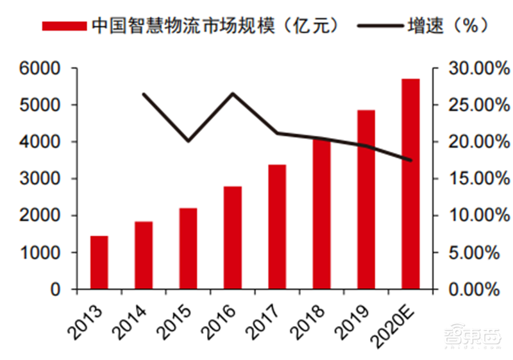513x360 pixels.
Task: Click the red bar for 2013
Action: pyautogui.click(x=99, y=262)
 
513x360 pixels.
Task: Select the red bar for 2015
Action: pyautogui.click(x=188, y=248)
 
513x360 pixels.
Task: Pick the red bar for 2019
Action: pyautogui.click(x=366, y=200)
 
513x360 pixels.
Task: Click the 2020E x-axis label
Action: pyautogui.click(x=398, y=324)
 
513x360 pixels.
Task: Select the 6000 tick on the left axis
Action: pyautogui.click(x=39, y=68)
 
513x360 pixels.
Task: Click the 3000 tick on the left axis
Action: pyautogui.click(x=39, y=179)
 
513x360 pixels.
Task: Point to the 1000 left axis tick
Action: pyautogui.click(x=39, y=253)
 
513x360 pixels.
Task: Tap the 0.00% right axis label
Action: pyautogui.click(x=474, y=290)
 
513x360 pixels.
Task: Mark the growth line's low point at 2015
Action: pyautogui.click(x=188, y=141)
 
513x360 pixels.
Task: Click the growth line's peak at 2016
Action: pyautogui.click(x=233, y=94)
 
